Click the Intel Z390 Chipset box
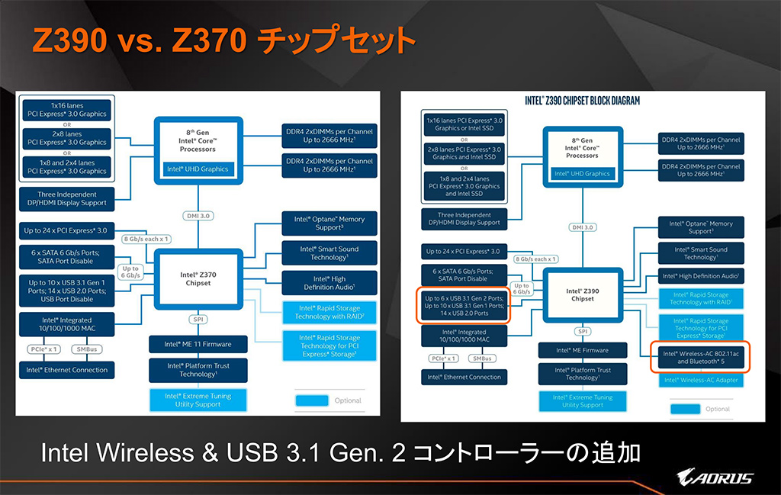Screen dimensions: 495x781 tap(583, 294)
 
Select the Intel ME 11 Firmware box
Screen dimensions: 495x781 tap(199, 344)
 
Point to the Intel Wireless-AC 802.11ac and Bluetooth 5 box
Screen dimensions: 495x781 tap(700, 358)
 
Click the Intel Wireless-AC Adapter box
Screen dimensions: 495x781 tap(700, 380)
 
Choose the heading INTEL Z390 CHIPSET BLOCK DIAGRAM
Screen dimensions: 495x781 tap(583, 100)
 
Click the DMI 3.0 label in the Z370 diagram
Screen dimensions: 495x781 tap(198, 216)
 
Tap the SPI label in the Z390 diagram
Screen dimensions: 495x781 tap(583, 331)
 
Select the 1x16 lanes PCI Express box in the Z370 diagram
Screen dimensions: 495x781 tap(68, 109)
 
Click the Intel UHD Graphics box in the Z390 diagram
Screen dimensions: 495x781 tap(583, 173)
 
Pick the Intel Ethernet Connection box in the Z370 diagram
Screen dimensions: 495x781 tap(68, 370)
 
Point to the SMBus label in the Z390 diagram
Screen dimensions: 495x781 tap(483, 358)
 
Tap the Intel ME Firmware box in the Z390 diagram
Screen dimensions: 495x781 tap(583, 350)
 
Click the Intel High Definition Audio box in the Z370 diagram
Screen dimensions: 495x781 tap(328, 283)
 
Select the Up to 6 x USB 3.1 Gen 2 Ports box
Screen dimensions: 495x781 tap(464, 306)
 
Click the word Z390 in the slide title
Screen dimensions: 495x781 tap(68, 40)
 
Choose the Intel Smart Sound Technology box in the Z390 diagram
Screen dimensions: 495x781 tap(700, 253)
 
